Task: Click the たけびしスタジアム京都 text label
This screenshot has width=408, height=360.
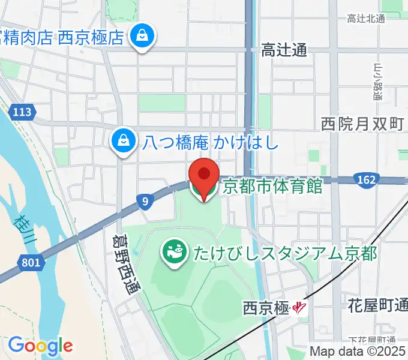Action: [x=285, y=253]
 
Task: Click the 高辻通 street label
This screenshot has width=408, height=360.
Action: [x=284, y=50]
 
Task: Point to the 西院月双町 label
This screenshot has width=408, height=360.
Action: [x=362, y=124]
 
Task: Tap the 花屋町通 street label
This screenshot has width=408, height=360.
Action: [x=377, y=306]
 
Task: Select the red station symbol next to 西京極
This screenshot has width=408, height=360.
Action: [x=299, y=309]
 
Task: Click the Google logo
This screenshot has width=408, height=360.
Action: [x=40, y=346]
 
